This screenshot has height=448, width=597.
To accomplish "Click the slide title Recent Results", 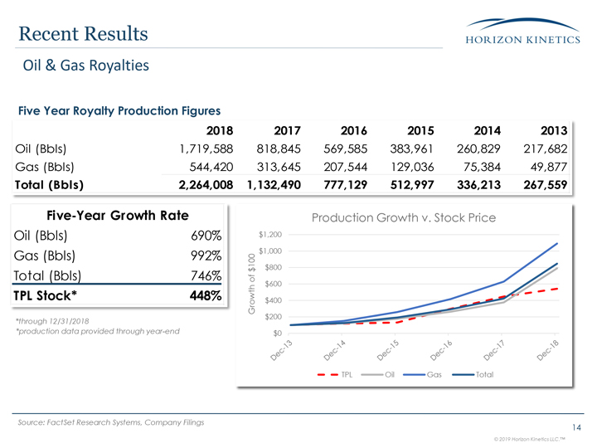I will (x=82, y=33).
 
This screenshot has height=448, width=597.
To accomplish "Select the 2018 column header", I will (x=219, y=130).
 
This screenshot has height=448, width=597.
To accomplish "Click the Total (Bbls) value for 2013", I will (x=540, y=185).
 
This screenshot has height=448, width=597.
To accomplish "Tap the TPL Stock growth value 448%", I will (x=204, y=296).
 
